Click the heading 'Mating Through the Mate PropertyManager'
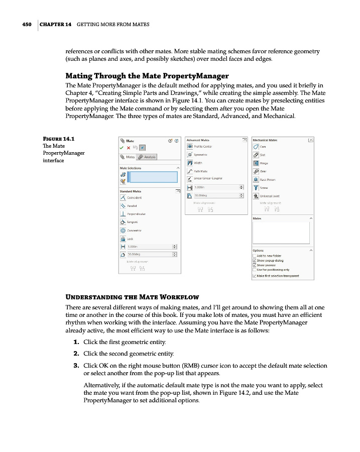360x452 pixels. tap(147, 76)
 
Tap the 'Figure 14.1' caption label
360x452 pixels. tap(56, 139)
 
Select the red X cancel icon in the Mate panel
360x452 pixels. tap(129, 148)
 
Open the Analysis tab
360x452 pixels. tap(147, 157)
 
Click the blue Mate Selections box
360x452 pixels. tap(153, 177)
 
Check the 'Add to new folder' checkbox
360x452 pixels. tap(255, 256)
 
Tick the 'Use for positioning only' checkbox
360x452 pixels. tap(255, 270)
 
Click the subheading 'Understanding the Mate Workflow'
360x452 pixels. tap(133, 297)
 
